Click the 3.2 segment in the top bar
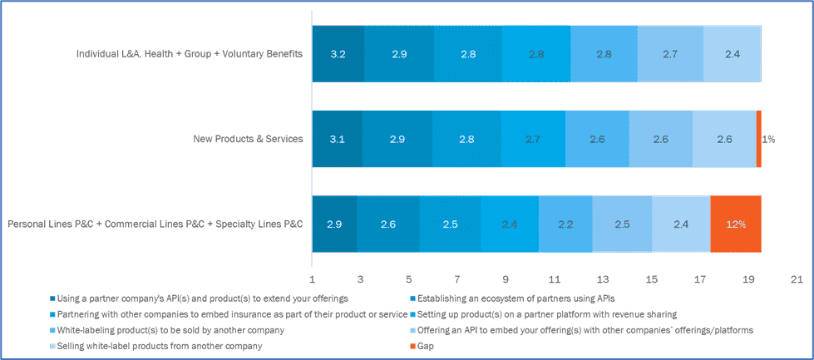click(x=338, y=54)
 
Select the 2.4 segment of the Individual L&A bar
click(x=732, y=54)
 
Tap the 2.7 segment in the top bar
click(x=670, y=54)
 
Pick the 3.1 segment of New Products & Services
click(x=338, y=139)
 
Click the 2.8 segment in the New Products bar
click(x=466, y=139)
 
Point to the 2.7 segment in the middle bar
click(x=533, y=139)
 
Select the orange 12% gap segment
click(x=736, y=224)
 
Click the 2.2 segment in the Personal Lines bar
click(x=565, y=224)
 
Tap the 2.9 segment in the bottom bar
click(x=334, y=224)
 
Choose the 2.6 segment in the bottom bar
click(x=388, y=224)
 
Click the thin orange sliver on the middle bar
click(x=758, y=139)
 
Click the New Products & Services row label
click(x=247, y=139)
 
